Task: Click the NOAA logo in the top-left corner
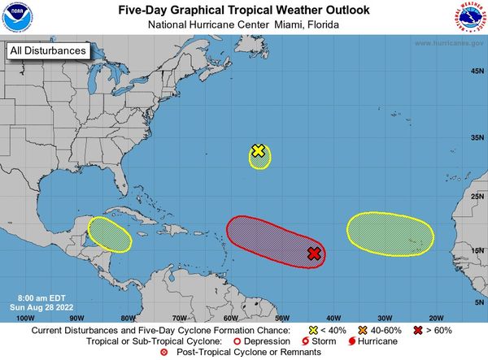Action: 18,18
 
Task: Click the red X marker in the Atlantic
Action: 314,254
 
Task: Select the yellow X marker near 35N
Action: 258,150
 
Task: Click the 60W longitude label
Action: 230,318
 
